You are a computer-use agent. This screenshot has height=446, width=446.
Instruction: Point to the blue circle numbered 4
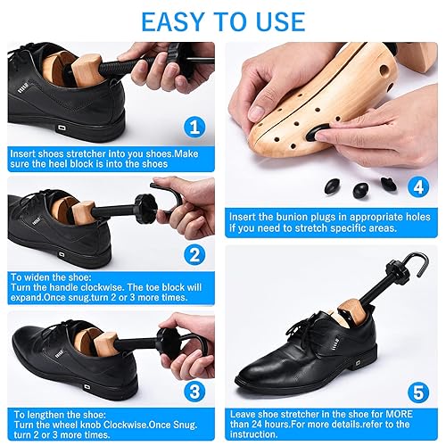(x=417, y=189)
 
